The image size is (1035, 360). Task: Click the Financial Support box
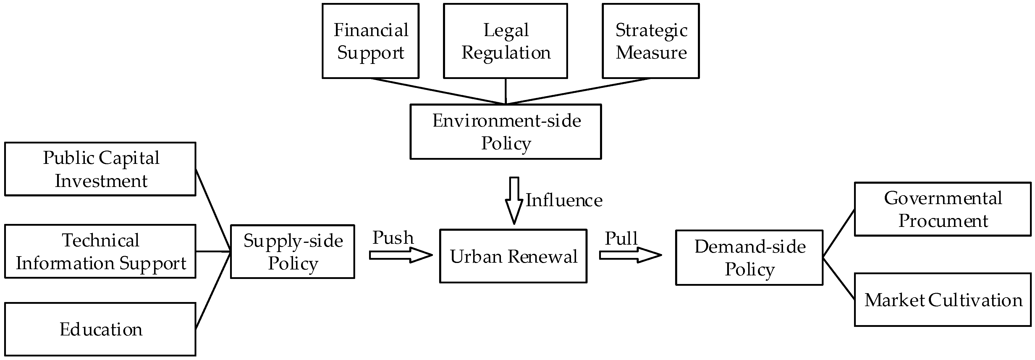[x=371, y=41]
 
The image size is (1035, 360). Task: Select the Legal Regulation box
[x=505, y=41]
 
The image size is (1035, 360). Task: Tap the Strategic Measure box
[x=651, y=41]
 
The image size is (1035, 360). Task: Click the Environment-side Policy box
[x=505, y=132]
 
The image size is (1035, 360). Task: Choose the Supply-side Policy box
[x=292, y=251]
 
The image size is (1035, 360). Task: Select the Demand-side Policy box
[x=749, y=258]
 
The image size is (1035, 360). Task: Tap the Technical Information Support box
[x=101, y=251]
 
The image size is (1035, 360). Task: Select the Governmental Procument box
[x=943, y=209]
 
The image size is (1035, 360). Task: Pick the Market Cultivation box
[x=943, y=300]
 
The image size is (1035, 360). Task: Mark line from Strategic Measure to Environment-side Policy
[x=579, y=91]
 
